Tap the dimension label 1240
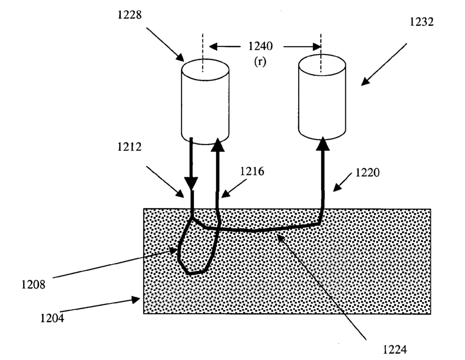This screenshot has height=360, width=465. pyautogui.click(x=260, y=47)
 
